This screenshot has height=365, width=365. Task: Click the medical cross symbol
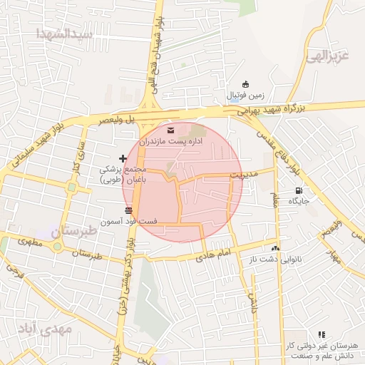coord(123,158)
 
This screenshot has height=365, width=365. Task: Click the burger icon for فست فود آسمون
coord(128,210)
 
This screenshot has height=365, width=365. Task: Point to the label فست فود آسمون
coord(129,222)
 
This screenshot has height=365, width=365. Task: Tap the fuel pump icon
coord(298,190)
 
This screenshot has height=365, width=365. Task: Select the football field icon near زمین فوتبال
coord(246,83)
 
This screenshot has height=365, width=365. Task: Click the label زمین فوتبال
coord(245,95)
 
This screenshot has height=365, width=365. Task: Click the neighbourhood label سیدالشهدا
coord(64,34)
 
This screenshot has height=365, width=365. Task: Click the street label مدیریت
coord(247,173)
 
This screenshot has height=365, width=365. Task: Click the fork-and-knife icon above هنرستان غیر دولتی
coord(321,334)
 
